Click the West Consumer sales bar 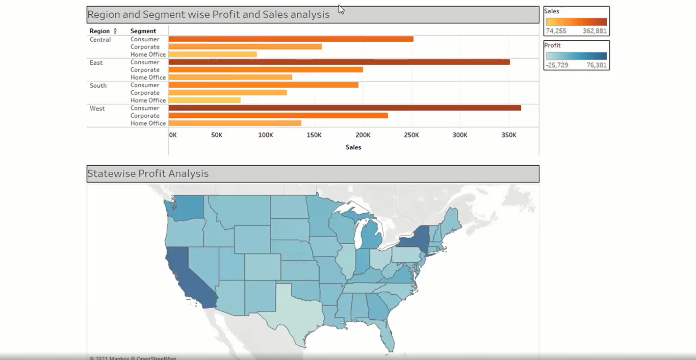(344, 108)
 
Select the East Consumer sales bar (339, 62)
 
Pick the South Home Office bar (204, 100)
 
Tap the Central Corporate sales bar (245, 47)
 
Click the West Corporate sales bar (278, 116)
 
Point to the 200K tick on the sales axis (363, 135)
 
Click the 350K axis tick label (509, 135)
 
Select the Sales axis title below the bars (353, 147)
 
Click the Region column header (99, 31)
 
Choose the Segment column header (143, 31)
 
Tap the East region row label (96, 63)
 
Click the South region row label (98, 86)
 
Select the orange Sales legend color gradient (576, 22)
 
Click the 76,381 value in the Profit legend (597, 65)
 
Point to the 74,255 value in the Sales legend (556, 31)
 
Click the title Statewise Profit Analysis (148, 174)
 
